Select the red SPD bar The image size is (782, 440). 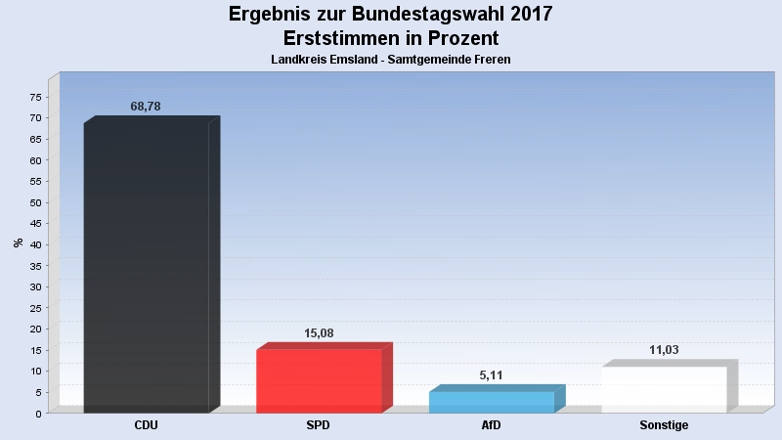(x=319, y=380)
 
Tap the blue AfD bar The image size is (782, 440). (x=492, y=402)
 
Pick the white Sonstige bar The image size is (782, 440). (x=664, y=389)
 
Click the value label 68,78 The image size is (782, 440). (x=146, y=107)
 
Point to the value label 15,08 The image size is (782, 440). (x=319, y=333)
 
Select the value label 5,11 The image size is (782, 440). (x=492, y=375)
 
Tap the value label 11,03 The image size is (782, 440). (x=664, y=350)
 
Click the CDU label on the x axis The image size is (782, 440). (x=146, y=425)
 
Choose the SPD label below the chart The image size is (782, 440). (x=319, y=425)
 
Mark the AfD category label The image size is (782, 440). (x=492, y=425)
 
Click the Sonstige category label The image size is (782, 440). (x=664, y=425)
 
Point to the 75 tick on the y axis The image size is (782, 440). (x=36, y=98)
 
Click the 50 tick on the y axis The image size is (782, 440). (x=36, y=203)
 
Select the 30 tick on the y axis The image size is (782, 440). (x=36, y=287)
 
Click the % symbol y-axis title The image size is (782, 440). (x=19, y=242)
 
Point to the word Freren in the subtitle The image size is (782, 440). (x=491, y=60)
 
